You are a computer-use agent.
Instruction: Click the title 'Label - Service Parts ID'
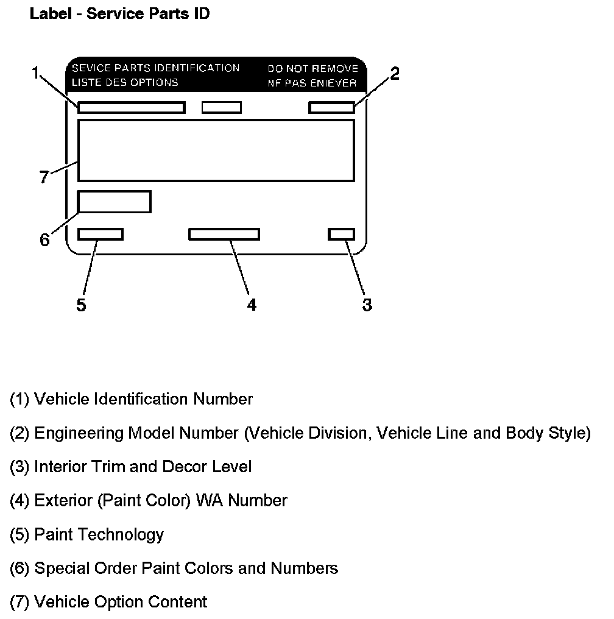pyautogui.click(x=119, y=13)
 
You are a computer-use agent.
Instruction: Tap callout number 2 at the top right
pyautogui.click(x=395, y=74)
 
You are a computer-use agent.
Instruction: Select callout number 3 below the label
pyautogui.click(x=367, y=304)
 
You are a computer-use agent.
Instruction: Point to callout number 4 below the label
pyautogui.click(x=252, y=304)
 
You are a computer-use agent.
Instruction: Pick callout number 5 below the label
pyautogui.click(x=81, y=304)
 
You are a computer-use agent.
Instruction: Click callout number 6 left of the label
pyautogui.click(x=44, y=239)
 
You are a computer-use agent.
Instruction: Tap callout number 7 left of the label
pyautogui.click(x=44, y=177)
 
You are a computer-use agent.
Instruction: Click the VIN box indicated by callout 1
pyautogui.click(x=131, y=108)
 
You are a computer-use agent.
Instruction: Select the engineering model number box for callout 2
pyautogui.click(x=331, y=108)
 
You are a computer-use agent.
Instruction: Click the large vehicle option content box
pyautogui.click(x=216, y=150)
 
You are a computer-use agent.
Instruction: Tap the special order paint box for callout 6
pyautogui.click(x=115, y=202)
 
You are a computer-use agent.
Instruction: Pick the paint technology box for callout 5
pyautogui.click(x=101, y=234)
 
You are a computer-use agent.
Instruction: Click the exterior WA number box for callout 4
pyautogui.click(x=224, y=234)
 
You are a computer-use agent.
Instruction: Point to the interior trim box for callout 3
pyautogui.click(x=341, y=234)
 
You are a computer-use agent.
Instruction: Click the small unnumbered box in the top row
pyautogui.click(x=222, y=108)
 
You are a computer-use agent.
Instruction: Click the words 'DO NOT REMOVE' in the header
pyautogui.click(x=312, y=69)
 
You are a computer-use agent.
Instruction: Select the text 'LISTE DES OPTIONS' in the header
pyautogui.click(x=125, y=82)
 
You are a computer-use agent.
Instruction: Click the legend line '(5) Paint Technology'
pyautogui.click(x=87, y=534)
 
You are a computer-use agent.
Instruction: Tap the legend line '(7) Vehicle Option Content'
pyautogui.click(x=108, y=602)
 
